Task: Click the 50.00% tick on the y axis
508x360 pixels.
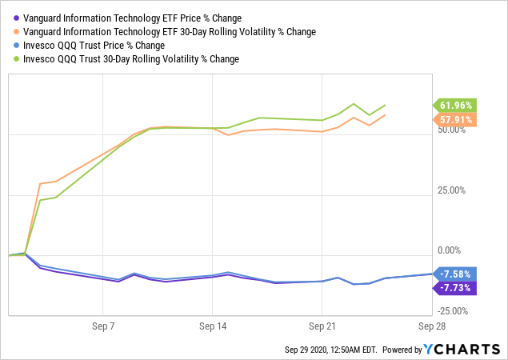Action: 454,130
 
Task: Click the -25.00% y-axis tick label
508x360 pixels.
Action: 452,311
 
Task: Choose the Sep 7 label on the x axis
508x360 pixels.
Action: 102,326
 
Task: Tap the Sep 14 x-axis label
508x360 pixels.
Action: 212,326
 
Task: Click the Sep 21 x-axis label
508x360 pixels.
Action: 322,326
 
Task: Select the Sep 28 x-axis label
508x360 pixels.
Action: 430,326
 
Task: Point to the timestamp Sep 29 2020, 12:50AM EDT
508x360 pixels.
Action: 330,350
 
